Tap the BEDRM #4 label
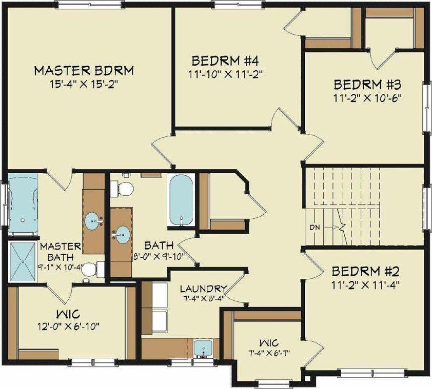tap(224, 60)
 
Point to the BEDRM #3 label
tap(363, 84)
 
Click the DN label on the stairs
tap(315, 226)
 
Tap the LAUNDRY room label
tap(200, 288)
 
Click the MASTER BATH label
tap(60, 251)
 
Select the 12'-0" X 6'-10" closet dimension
tap(68, 325)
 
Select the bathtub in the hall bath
tap(181, 199)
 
